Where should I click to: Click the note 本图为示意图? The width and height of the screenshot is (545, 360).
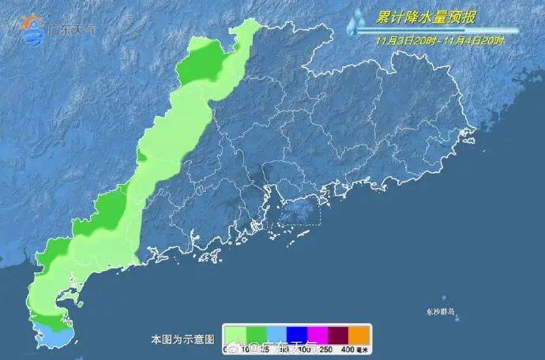182,339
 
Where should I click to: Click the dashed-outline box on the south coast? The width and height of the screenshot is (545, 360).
297,209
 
